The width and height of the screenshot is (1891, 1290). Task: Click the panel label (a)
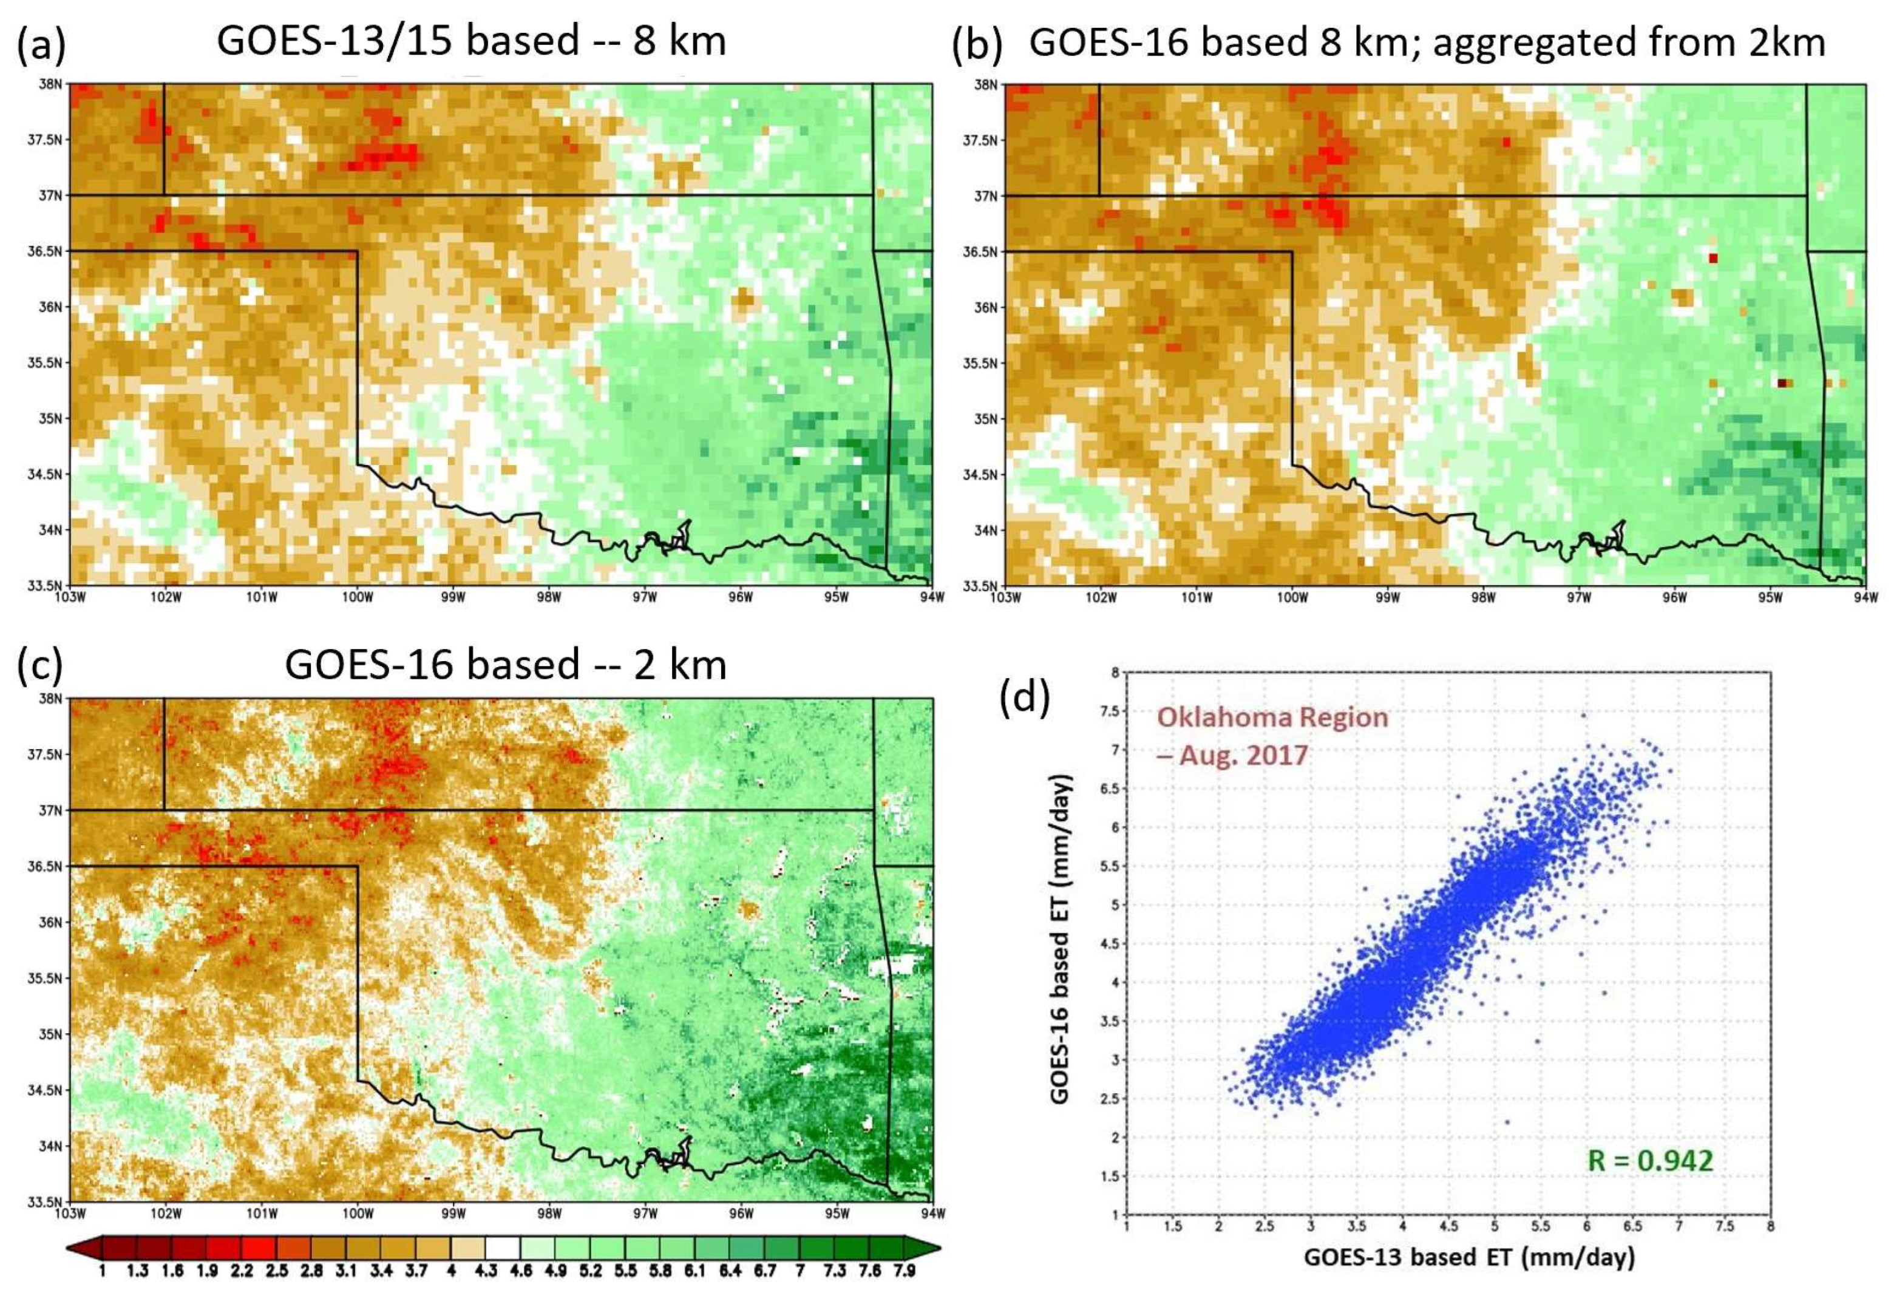[41, 45]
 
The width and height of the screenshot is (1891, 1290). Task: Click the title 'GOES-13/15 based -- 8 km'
[471, 41]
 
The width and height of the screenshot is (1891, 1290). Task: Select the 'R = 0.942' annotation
[1649, 1159]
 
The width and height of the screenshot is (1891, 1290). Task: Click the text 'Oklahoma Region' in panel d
[1272, 717]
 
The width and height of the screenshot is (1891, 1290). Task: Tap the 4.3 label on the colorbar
[486, 1271]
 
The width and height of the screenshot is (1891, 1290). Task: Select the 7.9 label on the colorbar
[904, 1271]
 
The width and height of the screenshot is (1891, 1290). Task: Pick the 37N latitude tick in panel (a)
[52, 195]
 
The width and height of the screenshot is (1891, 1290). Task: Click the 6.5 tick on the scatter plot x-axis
[1632, 1226]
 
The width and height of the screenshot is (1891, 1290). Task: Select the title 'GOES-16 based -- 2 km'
[504, 664]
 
